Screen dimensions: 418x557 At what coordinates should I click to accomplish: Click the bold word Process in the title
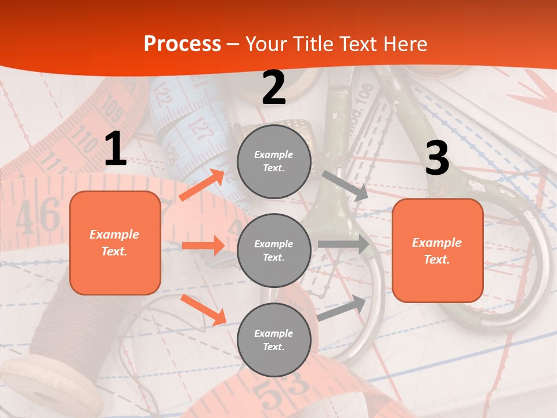(182, 44)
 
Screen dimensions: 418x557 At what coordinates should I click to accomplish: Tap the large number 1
(115, 149)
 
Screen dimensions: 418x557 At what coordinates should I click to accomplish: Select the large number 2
(274, 88)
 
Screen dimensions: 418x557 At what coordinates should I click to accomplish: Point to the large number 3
(437, 158)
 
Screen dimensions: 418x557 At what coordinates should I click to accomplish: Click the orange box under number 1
(115, 243)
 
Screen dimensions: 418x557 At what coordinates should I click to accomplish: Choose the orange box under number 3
(437, 251)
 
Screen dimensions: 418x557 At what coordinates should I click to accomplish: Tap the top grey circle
(274, 161)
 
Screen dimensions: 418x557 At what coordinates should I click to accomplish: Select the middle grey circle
(274, 251)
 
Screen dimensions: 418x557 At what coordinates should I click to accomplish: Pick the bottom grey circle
(274, 340)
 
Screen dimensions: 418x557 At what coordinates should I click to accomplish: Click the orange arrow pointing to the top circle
(202, 185)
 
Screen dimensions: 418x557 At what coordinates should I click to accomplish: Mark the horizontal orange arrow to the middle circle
(203, 246)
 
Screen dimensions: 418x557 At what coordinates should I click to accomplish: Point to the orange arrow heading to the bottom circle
(203, 309)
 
